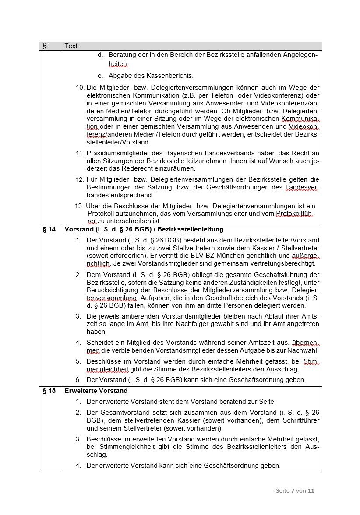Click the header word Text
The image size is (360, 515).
point(71,46)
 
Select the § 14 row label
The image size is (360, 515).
point(49,229)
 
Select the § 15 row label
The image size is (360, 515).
point(49,391)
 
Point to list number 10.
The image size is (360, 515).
point(80,88)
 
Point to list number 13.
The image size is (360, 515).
point(79,206)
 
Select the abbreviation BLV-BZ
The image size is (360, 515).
point(201,256)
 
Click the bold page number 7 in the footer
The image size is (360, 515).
point(293,490)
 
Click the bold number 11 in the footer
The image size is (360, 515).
point(311,490)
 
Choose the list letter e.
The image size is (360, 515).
point(100,76)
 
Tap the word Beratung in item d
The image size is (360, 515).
point(122,55)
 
